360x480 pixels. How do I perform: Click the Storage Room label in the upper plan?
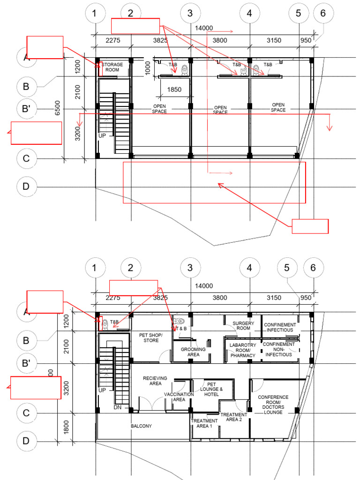tap(113, 67)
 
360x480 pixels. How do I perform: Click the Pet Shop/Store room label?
tap(150, 338)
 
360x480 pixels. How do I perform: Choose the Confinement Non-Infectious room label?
tap(279, 349)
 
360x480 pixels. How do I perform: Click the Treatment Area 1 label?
tap(204, 424)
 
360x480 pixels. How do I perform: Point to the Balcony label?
tap(141, 426)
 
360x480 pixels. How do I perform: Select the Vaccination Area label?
tap(179, 397)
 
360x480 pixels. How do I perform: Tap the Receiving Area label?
tap(155, 381)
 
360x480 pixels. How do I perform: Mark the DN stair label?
tap(118, 408)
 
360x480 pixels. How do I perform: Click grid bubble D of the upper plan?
tap(26, 187)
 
